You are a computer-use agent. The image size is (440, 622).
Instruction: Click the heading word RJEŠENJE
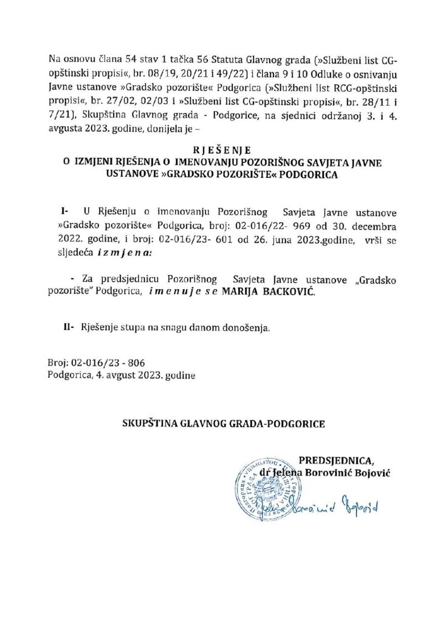coord(219,149)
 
